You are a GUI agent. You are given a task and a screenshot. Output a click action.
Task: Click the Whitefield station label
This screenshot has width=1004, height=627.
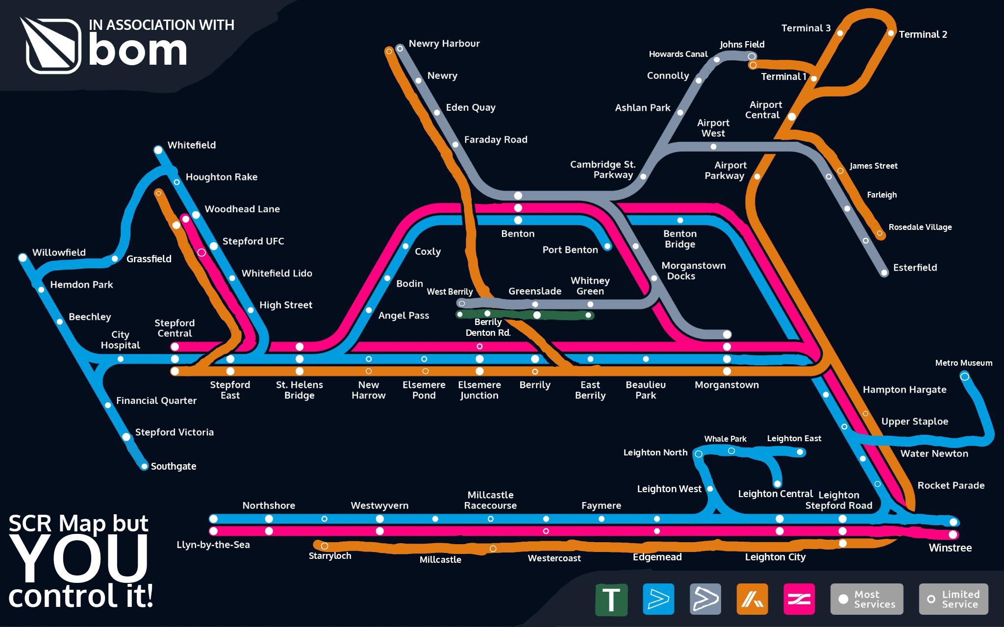(x=191, y=145)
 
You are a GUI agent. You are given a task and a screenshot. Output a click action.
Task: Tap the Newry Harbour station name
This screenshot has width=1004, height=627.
(x=444, y=44)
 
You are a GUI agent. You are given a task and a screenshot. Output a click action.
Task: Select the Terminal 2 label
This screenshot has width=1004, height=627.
(x=923, y=34)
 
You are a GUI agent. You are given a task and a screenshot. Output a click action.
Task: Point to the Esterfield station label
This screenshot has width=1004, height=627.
(x=915, y=268)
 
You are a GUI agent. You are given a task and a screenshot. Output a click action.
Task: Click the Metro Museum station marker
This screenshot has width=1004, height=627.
(x=964, y=376)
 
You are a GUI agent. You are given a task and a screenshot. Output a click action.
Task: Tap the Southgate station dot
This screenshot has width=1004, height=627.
(x=144, y=466)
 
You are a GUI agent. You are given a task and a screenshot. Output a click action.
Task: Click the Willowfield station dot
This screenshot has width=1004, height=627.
(x=23, y=257)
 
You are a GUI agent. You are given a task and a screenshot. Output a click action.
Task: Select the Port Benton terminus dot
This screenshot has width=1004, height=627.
(x=607, y=246)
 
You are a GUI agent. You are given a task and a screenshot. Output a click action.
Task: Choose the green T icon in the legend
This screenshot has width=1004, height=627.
(x=611, y=599)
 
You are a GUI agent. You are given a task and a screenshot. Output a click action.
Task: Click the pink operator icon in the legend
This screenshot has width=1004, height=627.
(x=799, y=599)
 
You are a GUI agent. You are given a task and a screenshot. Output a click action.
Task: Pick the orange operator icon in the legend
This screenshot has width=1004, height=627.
(x=752, y=599)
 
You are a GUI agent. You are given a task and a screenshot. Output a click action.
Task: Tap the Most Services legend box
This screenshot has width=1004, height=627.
(x=866, y=599)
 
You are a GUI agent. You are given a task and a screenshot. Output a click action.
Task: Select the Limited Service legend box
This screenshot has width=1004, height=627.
(x=953, y=599)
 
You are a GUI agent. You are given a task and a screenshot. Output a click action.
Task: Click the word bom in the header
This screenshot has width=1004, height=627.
(x=138, y=51)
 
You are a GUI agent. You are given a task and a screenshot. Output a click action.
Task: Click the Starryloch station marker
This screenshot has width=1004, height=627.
(x=324, y=546)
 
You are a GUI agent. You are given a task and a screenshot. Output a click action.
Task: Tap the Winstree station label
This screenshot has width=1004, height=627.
(x=950, y=548)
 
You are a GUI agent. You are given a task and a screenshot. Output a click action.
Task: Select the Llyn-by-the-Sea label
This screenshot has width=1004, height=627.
(x=213, y=545)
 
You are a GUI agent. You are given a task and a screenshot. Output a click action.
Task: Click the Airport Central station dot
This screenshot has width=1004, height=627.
(x=792, y=117)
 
